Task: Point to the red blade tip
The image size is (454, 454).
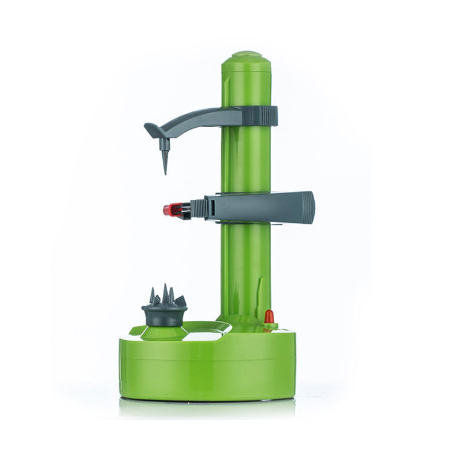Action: pos(168,210)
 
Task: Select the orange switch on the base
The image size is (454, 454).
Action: pos(269,317)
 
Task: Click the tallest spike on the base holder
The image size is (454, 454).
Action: pos(165,293)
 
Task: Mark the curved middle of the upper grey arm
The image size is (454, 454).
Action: pos(194,115)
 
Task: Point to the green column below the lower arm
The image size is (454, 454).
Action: pos(242,266)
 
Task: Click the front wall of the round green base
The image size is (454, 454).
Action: pos(206,375)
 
